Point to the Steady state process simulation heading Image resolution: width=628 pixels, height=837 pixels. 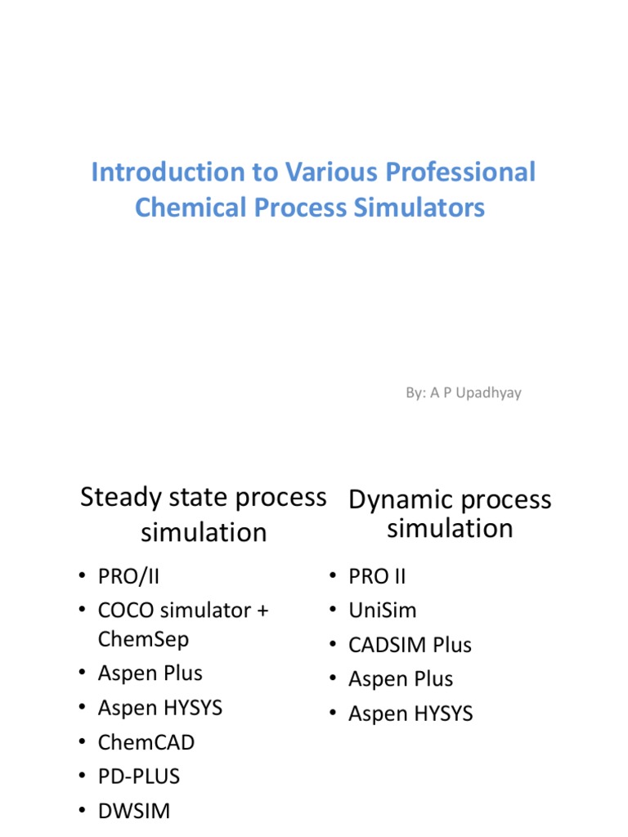click(204, 514)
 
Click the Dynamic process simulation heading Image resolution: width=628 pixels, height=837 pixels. click(450, 514)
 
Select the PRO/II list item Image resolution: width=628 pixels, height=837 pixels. click(128, 576)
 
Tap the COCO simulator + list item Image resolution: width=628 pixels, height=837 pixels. click(183, 611)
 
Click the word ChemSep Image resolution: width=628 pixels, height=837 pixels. click(143, 639)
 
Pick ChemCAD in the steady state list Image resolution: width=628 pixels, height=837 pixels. click(146, 742)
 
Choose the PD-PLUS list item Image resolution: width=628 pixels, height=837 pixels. click(138, 776)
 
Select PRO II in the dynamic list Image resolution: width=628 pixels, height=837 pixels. click(377, 576)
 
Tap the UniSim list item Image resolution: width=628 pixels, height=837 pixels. click(383, 611)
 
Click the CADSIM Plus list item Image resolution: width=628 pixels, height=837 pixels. click(410, 645)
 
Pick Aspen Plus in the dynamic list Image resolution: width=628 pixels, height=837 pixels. click(401, 679)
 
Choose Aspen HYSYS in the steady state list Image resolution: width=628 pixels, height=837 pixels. click(160, 708)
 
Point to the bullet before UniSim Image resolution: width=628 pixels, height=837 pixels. click(334, 611)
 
